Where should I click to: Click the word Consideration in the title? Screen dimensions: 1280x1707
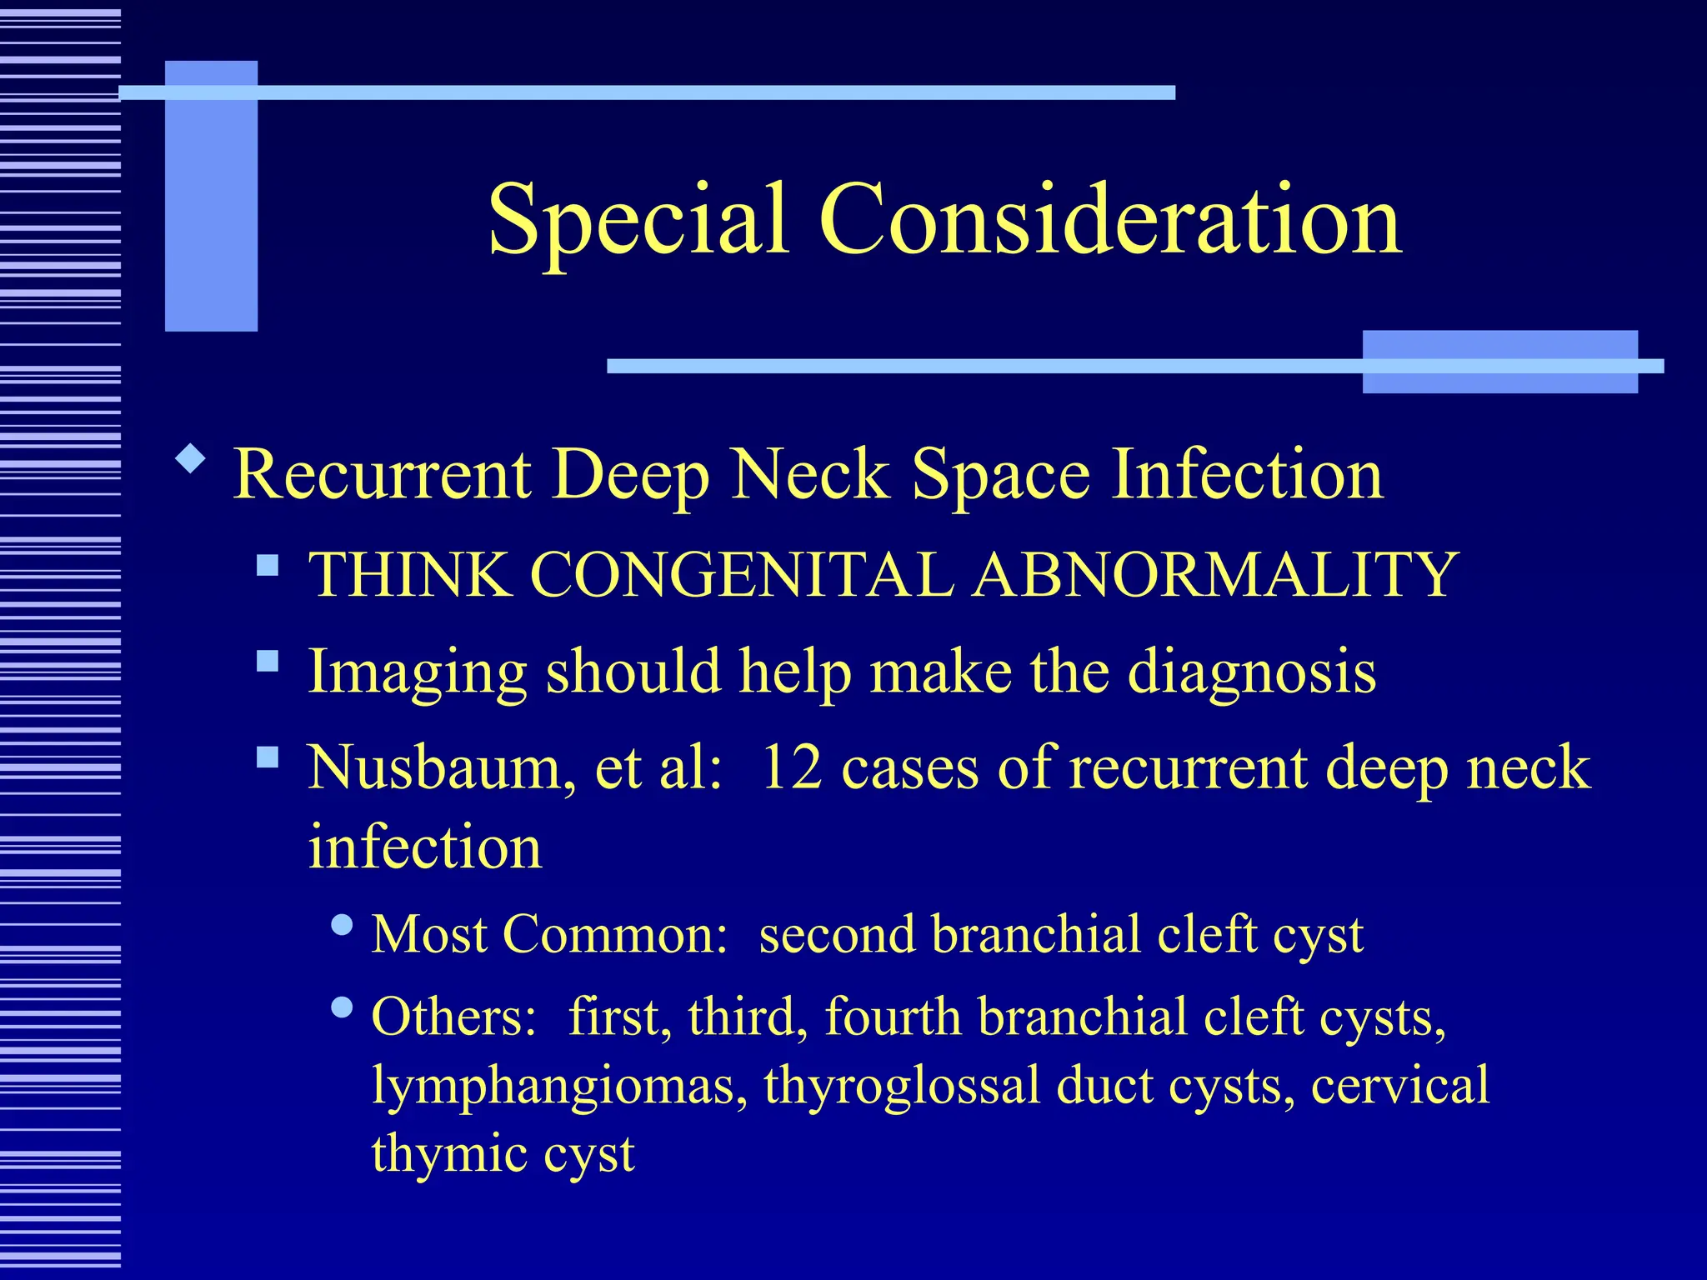coord(1110,218)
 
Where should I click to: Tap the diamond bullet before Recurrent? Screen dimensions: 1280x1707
coord(191,459)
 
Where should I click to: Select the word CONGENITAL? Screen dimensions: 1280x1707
coord(742,574)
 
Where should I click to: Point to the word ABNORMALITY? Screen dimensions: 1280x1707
coord(1215,574)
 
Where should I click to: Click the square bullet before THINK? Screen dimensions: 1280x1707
coord(268,567)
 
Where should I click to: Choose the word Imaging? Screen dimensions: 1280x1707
coord(417,672)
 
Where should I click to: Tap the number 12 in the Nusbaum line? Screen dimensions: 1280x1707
coord(791,767)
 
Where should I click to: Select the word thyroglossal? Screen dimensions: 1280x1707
coord(902,1086)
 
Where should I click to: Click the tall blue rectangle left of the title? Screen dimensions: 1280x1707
coord(211,196)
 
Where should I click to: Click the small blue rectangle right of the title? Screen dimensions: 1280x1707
coord(1499,362)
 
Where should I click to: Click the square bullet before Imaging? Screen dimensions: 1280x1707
coord(268,662)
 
